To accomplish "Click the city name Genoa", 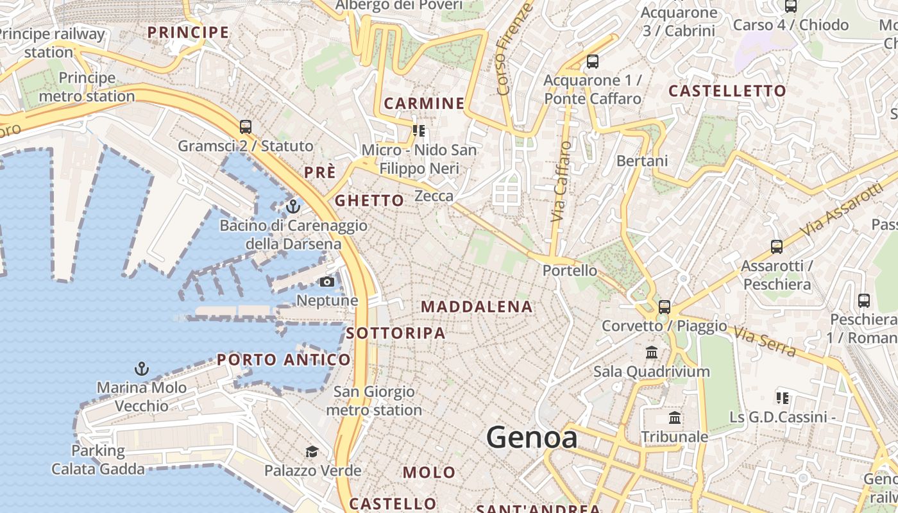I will [532, 437].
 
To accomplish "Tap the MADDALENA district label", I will [477, 307].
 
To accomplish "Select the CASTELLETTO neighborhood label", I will [727, 91].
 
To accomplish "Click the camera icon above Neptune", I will [327, 282].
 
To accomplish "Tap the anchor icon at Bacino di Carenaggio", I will [293, 206].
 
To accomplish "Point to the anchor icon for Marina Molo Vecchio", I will [142, 369].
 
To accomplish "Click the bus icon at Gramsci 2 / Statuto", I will [246, 127].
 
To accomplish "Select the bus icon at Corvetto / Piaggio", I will [665, 307].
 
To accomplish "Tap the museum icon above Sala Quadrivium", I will [652, 352].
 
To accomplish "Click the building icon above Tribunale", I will [675, 418].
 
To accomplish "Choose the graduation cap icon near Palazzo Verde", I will [312, 451].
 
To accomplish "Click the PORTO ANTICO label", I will [284, 360].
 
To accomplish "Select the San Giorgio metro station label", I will [374, 401].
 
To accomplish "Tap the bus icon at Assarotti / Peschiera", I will [777, 246].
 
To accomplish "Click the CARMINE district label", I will [424, 103].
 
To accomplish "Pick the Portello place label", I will [570, 271].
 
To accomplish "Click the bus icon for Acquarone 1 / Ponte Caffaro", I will [593, 62].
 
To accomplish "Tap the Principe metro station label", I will [87, 87].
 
